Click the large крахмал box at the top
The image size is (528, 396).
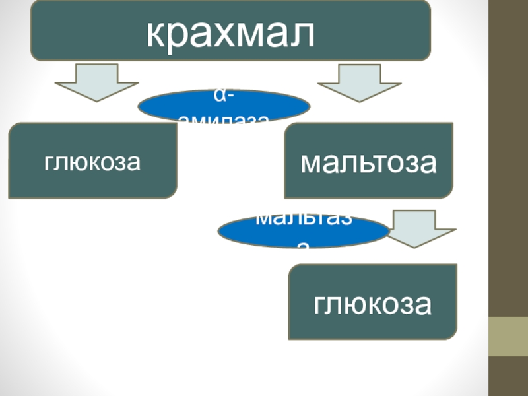click(230, 30)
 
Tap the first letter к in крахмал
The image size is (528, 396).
click(155, 32)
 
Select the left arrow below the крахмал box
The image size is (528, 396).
click(96, 82)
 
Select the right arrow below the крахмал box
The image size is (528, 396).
click(359, 82)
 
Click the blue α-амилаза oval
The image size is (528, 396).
click(223, 106)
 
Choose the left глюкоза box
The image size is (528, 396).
click(92, 160)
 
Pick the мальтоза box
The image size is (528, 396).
click(368, 160)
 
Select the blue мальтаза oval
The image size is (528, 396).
click(303, 231)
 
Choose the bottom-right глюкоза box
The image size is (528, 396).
click(373, 302)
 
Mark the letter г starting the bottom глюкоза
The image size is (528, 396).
click(320, 306)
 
